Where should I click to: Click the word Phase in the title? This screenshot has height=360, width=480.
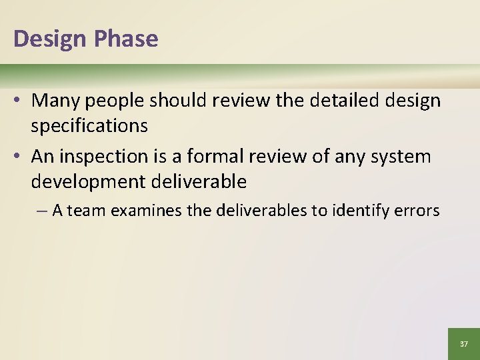(x=126, y=39)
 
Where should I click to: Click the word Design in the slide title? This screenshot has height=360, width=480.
(x=50, y=39)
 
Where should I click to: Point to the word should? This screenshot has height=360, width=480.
(x=176, y=101)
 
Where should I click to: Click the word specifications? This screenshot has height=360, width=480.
(x=89, y=125)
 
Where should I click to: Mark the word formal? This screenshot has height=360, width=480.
(x=222, y=157)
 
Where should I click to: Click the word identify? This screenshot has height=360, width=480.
(x=365, y=211)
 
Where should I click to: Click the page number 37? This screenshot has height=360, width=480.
(x=464, y=344)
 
